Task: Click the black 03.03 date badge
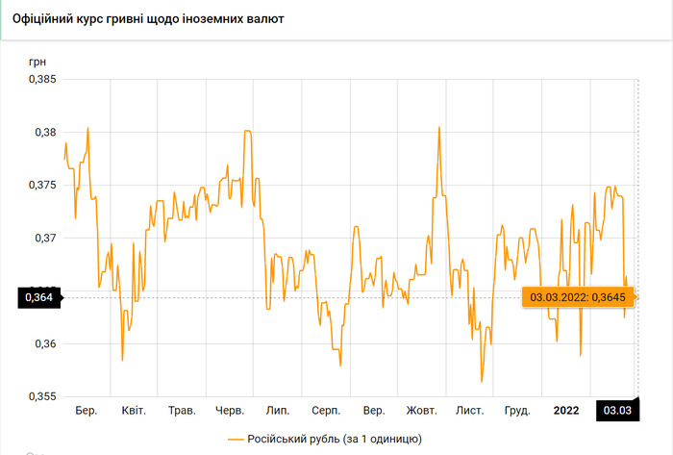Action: point(617,411)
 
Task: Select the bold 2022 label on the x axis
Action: point(566,411)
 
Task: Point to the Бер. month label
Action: point(87,411)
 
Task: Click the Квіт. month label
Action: point(134,411)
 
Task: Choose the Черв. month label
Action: point(230,411)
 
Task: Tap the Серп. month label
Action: point(325,411)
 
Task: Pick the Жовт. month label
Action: point(422,411)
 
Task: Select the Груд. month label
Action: point(517,411)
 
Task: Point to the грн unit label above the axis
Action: point(37,61)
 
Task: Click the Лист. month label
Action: point(470,411)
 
